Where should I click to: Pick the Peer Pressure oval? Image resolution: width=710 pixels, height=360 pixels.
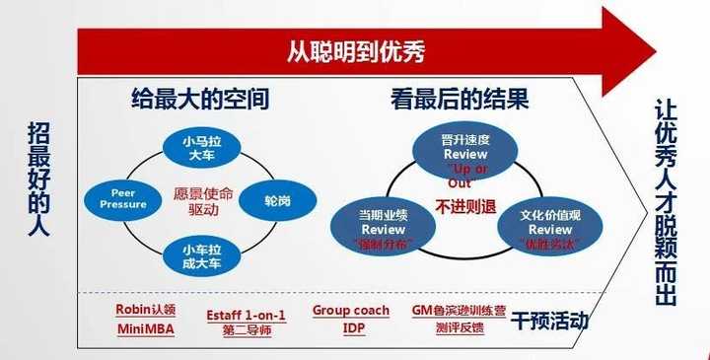pos(122,197)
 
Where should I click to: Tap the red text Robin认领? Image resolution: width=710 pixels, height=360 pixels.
pos(145,310)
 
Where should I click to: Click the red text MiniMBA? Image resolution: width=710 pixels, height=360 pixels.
pos(145,328)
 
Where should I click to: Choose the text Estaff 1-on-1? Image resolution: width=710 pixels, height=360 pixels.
pos(246,316)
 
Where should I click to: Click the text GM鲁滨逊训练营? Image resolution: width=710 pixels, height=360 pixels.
pos(460,311)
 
